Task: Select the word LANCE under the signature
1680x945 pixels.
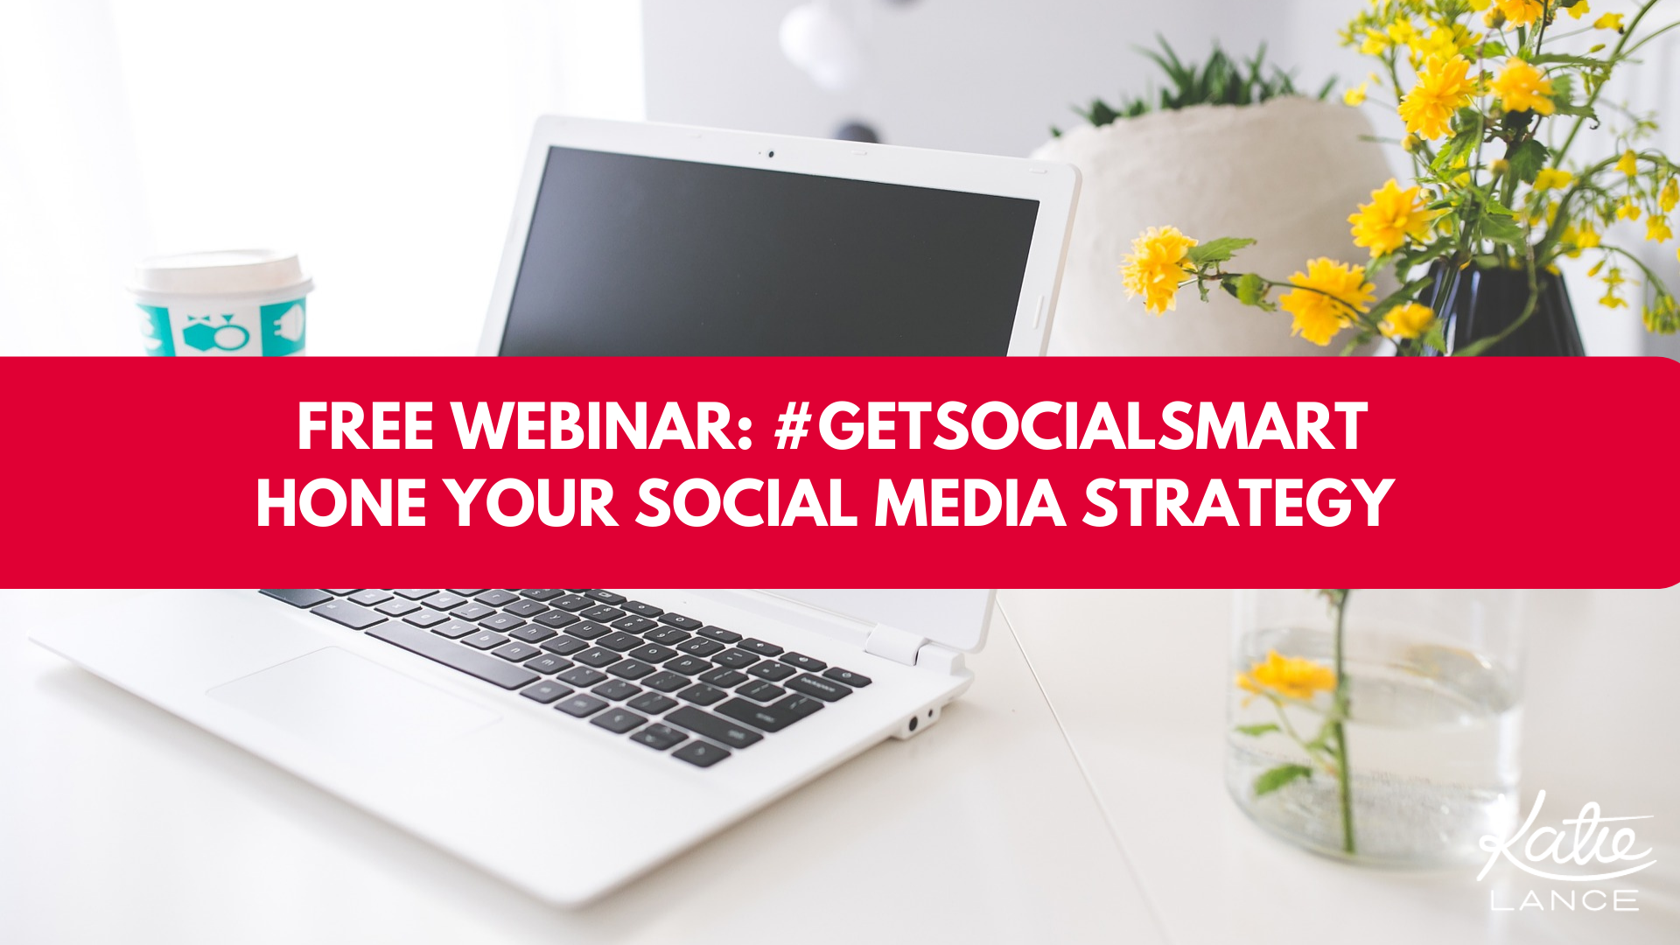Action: (1564, 900)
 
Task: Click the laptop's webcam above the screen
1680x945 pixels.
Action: (771, 155)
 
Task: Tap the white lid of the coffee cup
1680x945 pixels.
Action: (221, 275)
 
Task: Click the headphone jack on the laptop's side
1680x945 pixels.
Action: (913, 723)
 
